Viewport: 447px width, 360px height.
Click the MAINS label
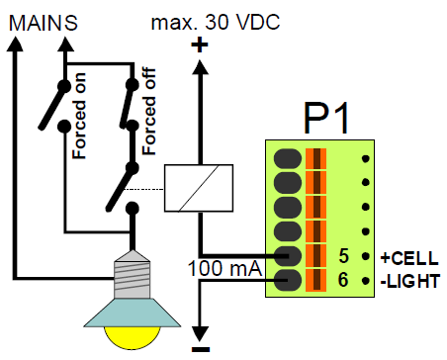click(39, 19)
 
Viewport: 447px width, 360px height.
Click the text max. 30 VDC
click(214, 19)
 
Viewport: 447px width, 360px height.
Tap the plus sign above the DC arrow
click(199, 45)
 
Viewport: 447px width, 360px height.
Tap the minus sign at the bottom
click(199, 348)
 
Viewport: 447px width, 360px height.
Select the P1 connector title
click(325, 121)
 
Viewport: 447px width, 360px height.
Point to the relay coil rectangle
click(199, 185)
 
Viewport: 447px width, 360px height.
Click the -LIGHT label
click(407, 282)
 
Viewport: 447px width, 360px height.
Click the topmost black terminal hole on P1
click(288, 158)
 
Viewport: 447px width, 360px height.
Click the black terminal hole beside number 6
click(288, 281)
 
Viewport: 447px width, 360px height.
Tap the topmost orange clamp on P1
click(316, 158)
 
